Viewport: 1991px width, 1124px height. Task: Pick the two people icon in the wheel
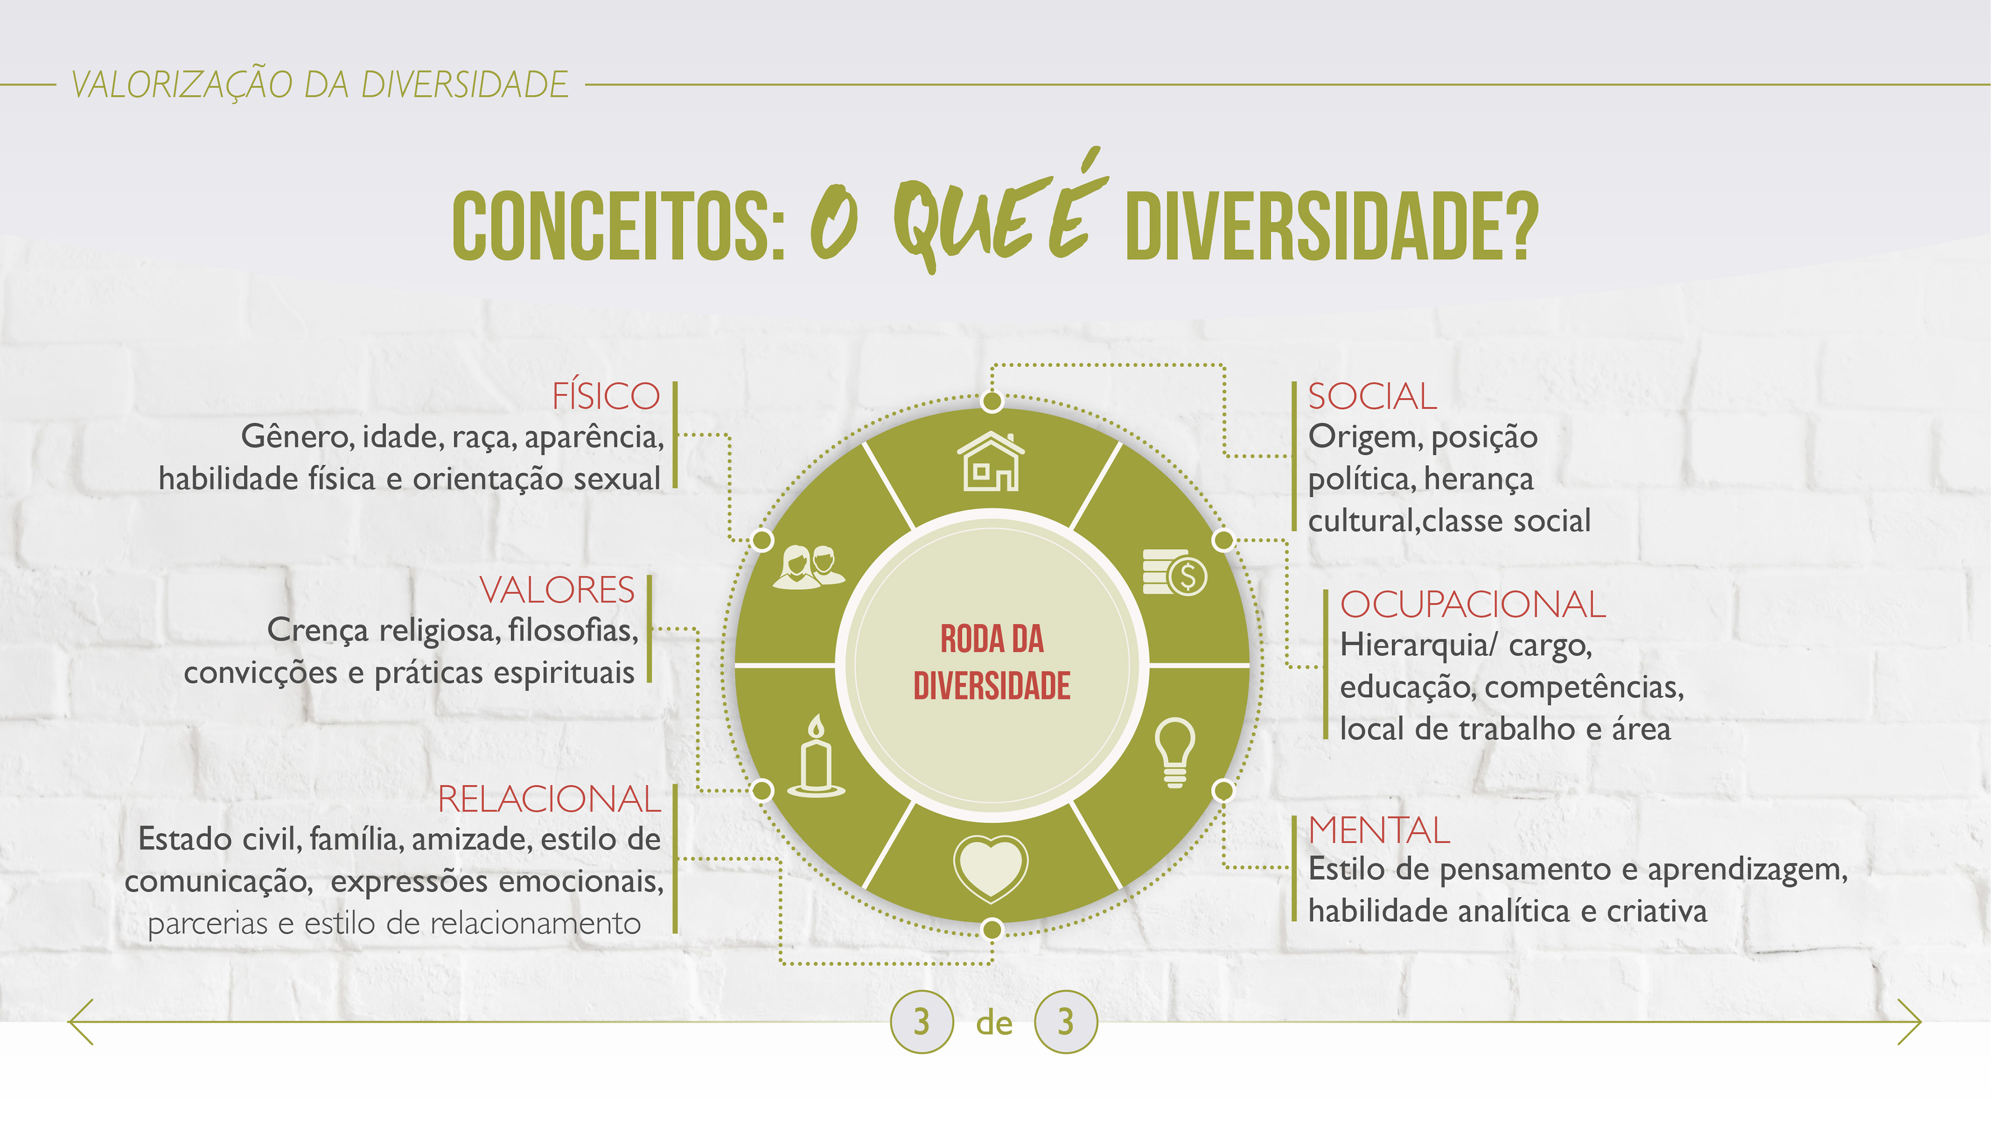click(x=808, y=567)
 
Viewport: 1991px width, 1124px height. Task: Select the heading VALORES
click(x=556, y=590)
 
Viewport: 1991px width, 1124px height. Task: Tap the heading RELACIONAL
click(x=549, y=799)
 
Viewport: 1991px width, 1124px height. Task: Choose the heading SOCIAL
click(x=1372, y=397)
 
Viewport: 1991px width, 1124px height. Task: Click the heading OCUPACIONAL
click(x=1473, y=604)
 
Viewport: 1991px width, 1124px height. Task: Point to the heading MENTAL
click(x=1379, y=830)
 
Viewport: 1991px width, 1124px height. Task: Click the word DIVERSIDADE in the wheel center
click(x=992, y=686)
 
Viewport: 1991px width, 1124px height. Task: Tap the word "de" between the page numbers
click(x=994, y=1023)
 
